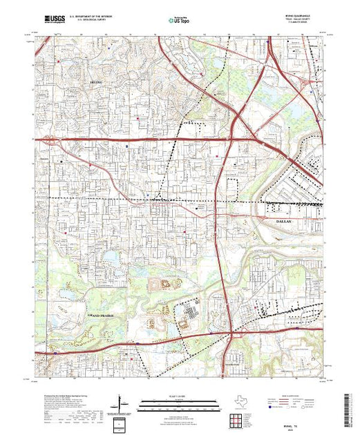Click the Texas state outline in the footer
click(x=235, y=401)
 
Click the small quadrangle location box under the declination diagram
click(x=122, y=422)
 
